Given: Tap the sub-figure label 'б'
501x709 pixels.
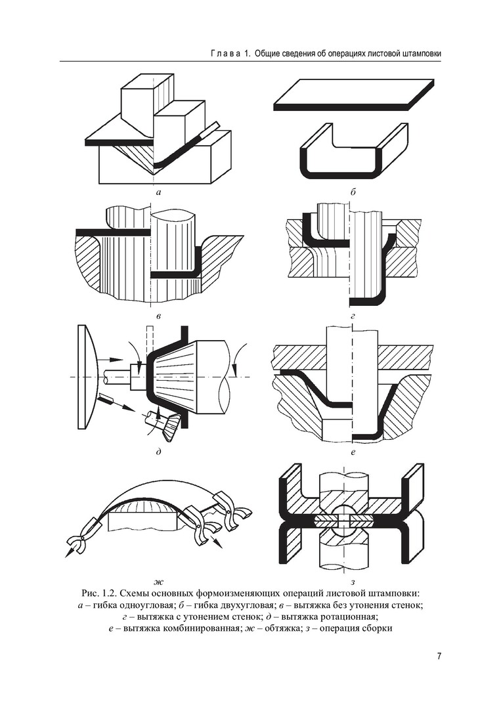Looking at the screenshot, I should coord(353,193).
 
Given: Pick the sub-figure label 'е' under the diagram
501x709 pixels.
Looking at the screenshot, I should coord(353,452).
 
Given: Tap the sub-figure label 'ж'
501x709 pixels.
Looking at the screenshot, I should coord(158,581).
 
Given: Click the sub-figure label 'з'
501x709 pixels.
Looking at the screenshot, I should coord(353,581).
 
